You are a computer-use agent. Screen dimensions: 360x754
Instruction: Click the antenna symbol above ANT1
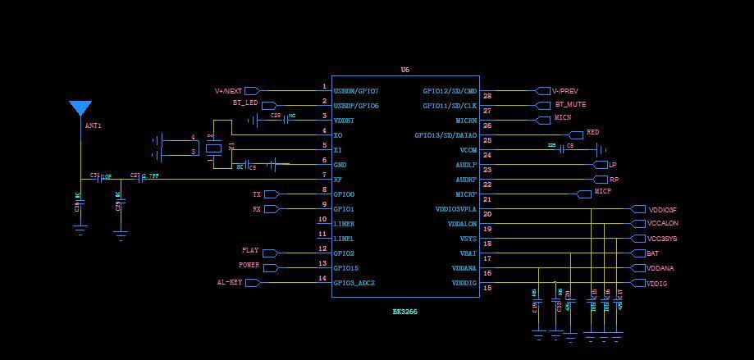point(80,108)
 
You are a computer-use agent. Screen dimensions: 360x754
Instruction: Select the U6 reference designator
point(405,70)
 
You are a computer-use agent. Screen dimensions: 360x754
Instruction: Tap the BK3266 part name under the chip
point(405,312)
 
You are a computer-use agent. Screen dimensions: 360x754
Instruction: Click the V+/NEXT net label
point(228,91)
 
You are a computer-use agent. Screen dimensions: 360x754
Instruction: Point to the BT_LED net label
point(244,103)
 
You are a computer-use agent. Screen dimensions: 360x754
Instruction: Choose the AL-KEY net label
point(229,282)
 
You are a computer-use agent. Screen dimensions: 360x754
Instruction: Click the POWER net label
point(249,265)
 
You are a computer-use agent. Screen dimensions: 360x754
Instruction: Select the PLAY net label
point(250,250)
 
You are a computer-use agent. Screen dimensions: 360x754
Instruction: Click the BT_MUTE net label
point(570,105)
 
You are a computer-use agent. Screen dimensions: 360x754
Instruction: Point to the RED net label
point(592,132)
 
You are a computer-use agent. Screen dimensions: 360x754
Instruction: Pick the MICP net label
point(603,192)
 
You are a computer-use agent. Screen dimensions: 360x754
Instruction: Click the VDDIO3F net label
point(662,210)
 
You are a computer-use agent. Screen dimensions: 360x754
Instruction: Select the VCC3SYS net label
point(662,239)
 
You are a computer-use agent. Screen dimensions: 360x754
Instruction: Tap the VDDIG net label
point(656,283)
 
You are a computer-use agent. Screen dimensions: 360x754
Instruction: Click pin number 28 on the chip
point(487,96)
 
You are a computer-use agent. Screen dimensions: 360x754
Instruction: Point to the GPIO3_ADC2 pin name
point(354,283)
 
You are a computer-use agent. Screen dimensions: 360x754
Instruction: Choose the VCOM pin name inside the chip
point(468,150)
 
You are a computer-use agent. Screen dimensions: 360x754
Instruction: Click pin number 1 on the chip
point(324,86)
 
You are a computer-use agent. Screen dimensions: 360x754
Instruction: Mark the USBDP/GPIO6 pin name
point(356,106)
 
